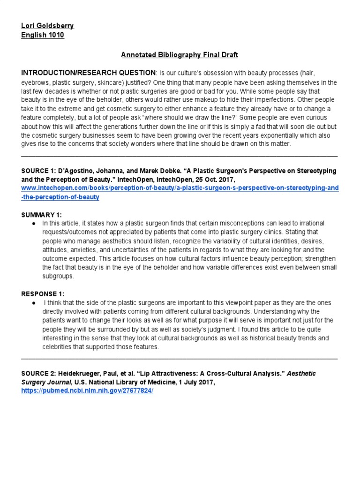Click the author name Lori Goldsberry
coord(48,26)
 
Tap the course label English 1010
coord(43,35)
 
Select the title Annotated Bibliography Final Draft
coord(180,55)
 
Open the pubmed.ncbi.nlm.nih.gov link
coord(87,391)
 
